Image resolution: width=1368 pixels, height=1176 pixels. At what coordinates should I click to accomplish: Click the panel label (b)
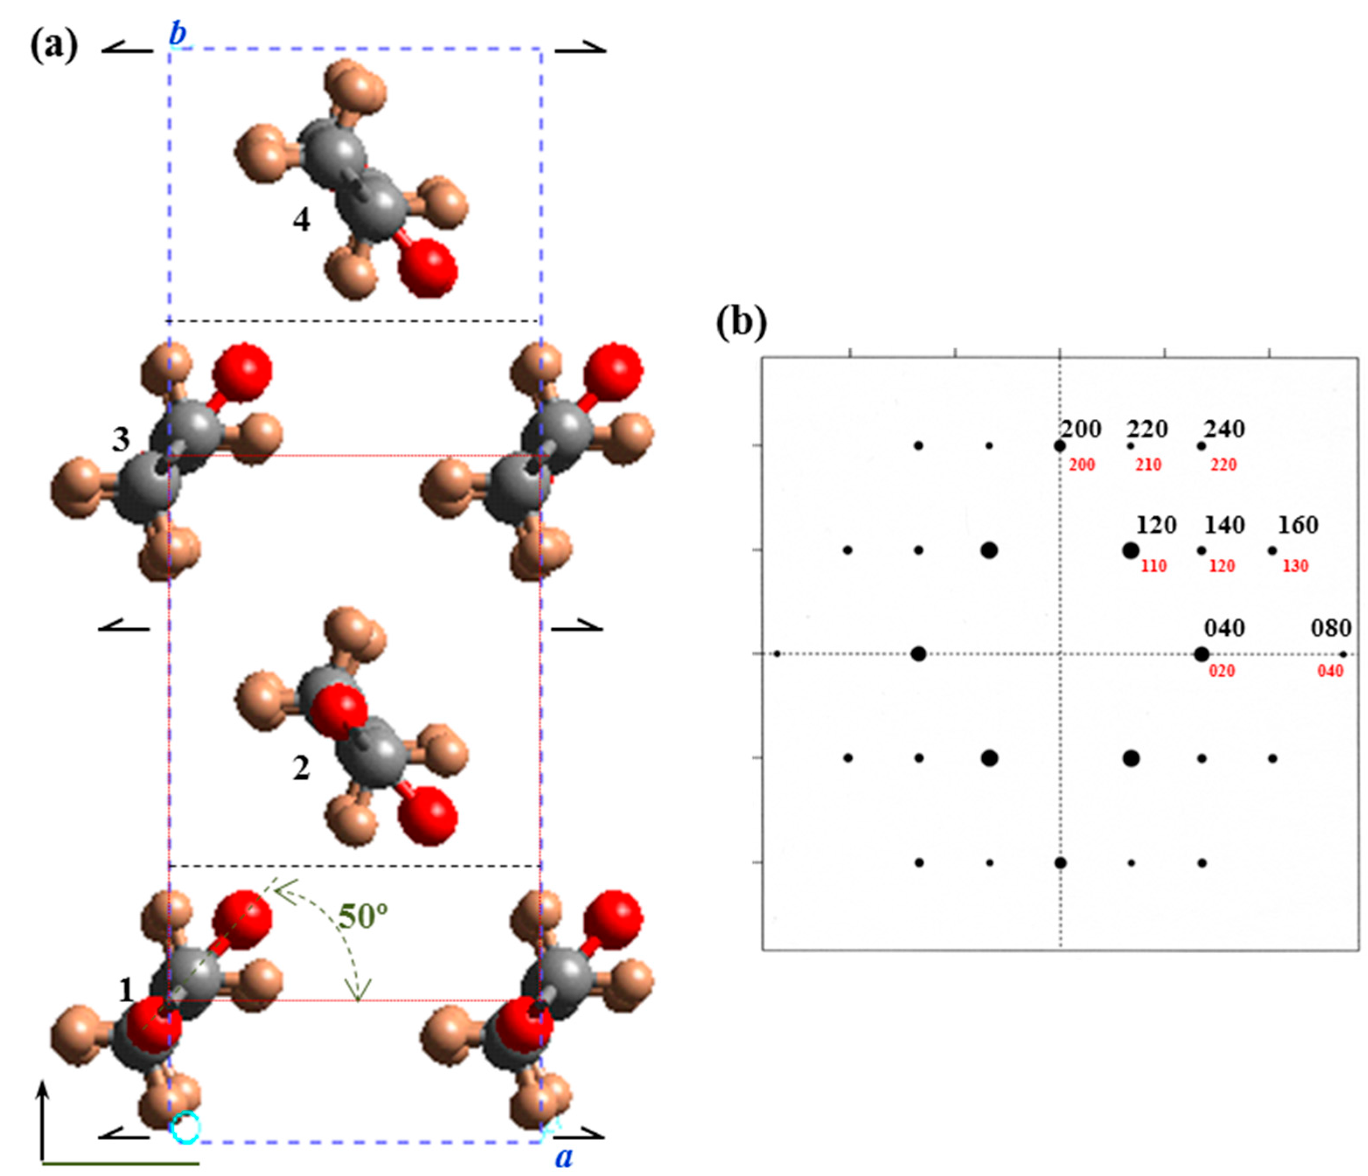(741, 323)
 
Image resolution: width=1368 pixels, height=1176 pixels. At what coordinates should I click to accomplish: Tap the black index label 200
(1081, 429)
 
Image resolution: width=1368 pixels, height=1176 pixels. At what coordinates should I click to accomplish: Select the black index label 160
(1298, 525)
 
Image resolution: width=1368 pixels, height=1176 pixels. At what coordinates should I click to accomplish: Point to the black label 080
(1331, 628)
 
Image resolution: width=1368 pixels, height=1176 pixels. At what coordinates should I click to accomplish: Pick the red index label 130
(1295, 566)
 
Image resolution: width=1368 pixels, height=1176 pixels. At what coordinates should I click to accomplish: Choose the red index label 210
(1148, 465)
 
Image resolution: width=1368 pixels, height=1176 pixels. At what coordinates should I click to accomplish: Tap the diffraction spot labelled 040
(1201, 654)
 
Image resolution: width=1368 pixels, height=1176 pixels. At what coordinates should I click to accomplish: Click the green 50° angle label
(362, 915)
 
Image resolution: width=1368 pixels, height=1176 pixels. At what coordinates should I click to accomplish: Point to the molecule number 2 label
(301, 768)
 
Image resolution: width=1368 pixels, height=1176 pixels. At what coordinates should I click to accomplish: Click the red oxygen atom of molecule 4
(428, 267)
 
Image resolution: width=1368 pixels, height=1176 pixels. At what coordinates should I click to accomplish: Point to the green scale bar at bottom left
(120, 1163)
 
